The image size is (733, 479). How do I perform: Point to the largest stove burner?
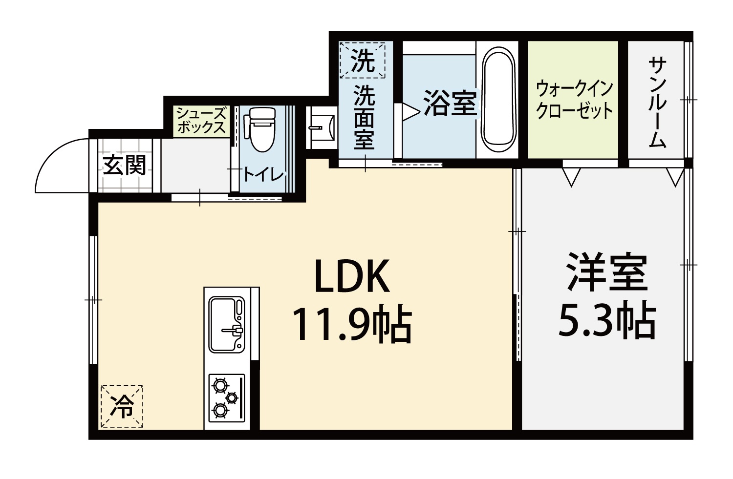click(x=220, y=385)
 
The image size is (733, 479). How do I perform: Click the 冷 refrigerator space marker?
click(x=122, y=406)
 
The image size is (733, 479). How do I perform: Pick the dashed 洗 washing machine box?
click(x=362, y=60)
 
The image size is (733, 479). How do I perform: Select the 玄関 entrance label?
click(x=124, y=166)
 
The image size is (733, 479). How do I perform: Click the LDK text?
click(x=352, y=276)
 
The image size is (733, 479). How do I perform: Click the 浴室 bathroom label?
click(x=450, y=103)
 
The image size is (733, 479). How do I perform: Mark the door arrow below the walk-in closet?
click(x=571, y=177)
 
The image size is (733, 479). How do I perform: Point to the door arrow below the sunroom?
click(x=675, y=177)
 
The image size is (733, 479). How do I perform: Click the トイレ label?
click(x=263, y=175)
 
